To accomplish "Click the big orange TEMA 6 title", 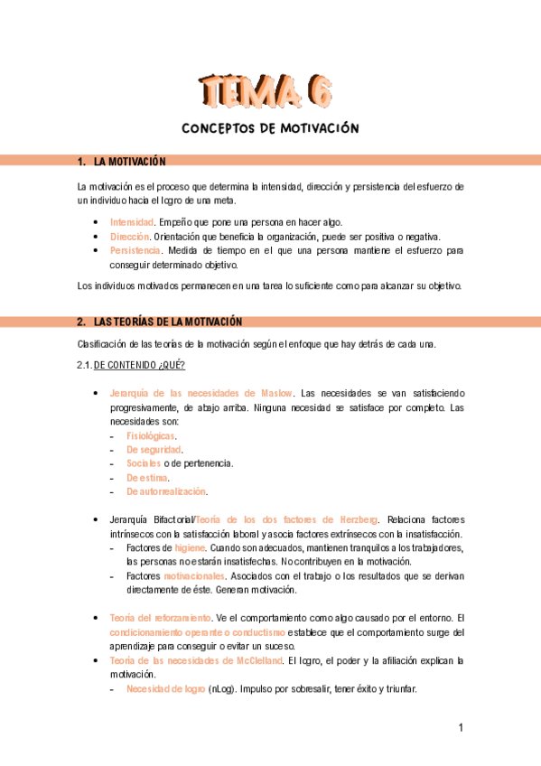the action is pyautogui.click(x=268, y=89).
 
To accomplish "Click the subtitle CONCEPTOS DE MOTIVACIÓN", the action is pyautogui.click(x=271, y=128).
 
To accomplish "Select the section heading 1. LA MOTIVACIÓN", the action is pyautogui.click(x=122, y=161).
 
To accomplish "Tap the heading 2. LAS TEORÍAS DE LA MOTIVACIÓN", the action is pyautogui.click(x=160, y=322).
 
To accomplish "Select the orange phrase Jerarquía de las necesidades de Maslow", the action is pyautogui.click(x=201, y=393).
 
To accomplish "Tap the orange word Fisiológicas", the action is pyautogui.click(x=151, y=435).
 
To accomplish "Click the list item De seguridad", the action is pyautogui.click(x=154, y=450).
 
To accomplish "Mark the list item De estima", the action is pyautogui.click(x=147, y=478).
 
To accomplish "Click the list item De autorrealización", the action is pyautogui.click(x=166, y=491).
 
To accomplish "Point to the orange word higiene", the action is pyautogui.click(x=190, y=547).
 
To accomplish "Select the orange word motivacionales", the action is pyautogui.click(x=193, y=575).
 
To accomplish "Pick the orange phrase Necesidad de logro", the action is pyautogui.click(x=165, y=689).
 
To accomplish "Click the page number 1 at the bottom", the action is pyautogui.click(x=460, y=728).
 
